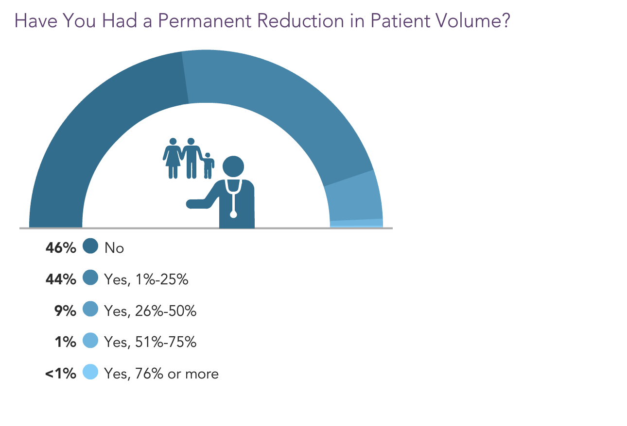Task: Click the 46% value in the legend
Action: [61, 248]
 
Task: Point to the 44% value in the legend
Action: [61, 279]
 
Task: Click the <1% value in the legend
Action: [61, 374]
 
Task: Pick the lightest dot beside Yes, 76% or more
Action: [90, 372]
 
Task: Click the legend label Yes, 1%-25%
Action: [146, 280]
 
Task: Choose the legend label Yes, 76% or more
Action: [161, 374]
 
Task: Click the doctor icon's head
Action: [233, 166]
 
